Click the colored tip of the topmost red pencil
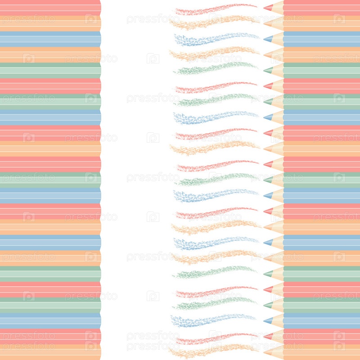click(x=268, y=8)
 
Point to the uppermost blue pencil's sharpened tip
click(x=268, y=39)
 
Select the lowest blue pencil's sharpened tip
click(x=268, y=320)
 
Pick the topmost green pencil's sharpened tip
click(x=268, y=70)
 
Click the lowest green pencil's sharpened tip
click(x=268, y=305)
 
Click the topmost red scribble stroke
click(x=216, y=9)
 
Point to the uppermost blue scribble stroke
click(x=216, y=39)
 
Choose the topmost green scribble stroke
click(x=216, y=68)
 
